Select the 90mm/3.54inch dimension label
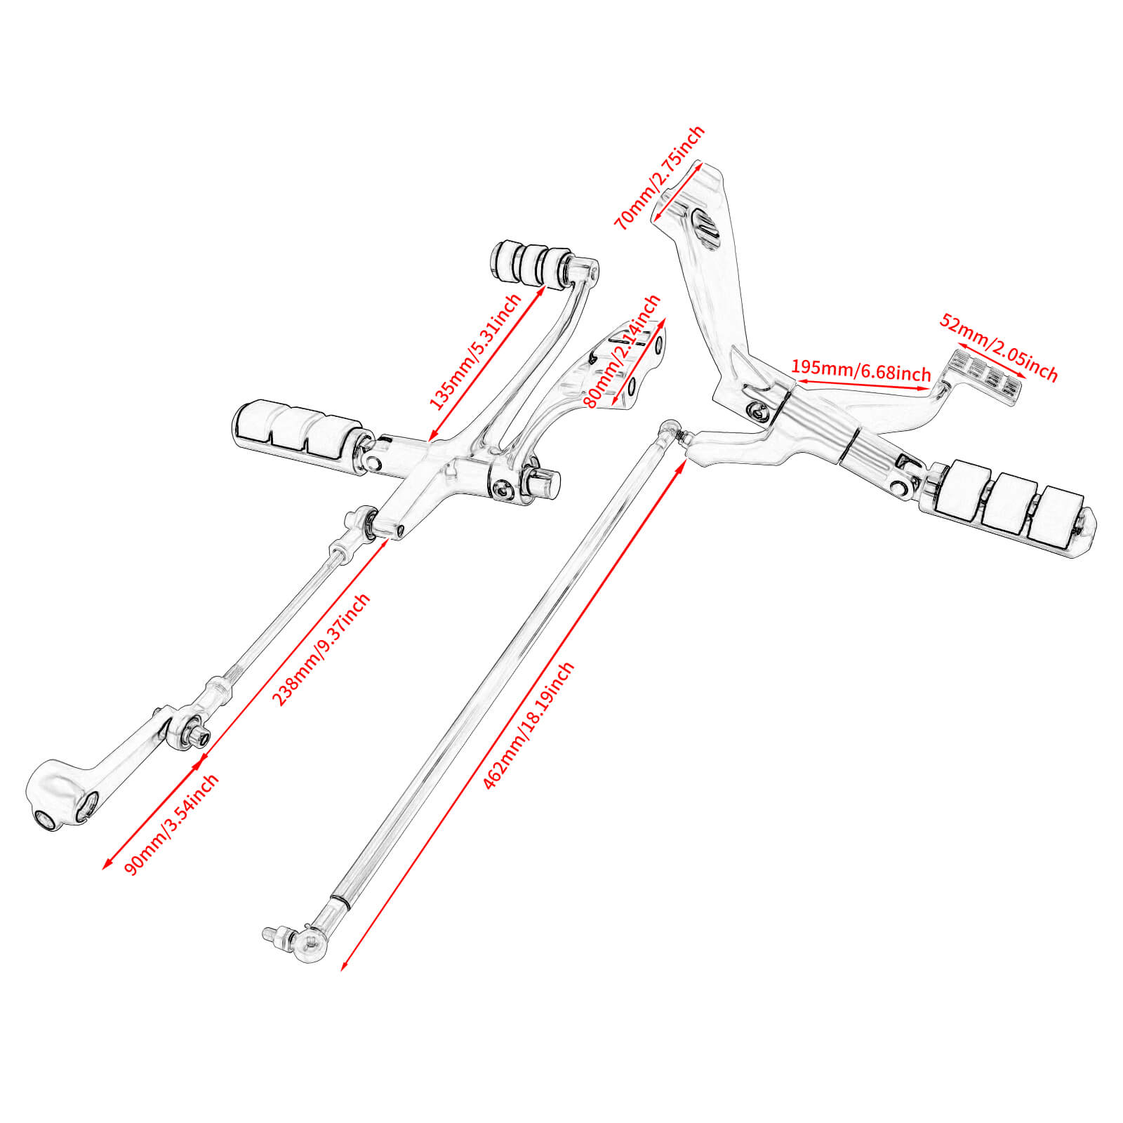click(x=171, y=824)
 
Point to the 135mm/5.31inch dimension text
click(x=475, y=352)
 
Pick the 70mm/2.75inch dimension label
click(x=659, y=178)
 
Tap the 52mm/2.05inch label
click(x=999, y=348)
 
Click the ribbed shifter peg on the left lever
click(x=531, y=263)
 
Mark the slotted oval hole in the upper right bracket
click(x=705, y=228)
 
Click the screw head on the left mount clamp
click(x=503, y=490)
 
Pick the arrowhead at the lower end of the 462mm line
click(x=343, y=968)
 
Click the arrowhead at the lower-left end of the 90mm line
click(x=105, y=868)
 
